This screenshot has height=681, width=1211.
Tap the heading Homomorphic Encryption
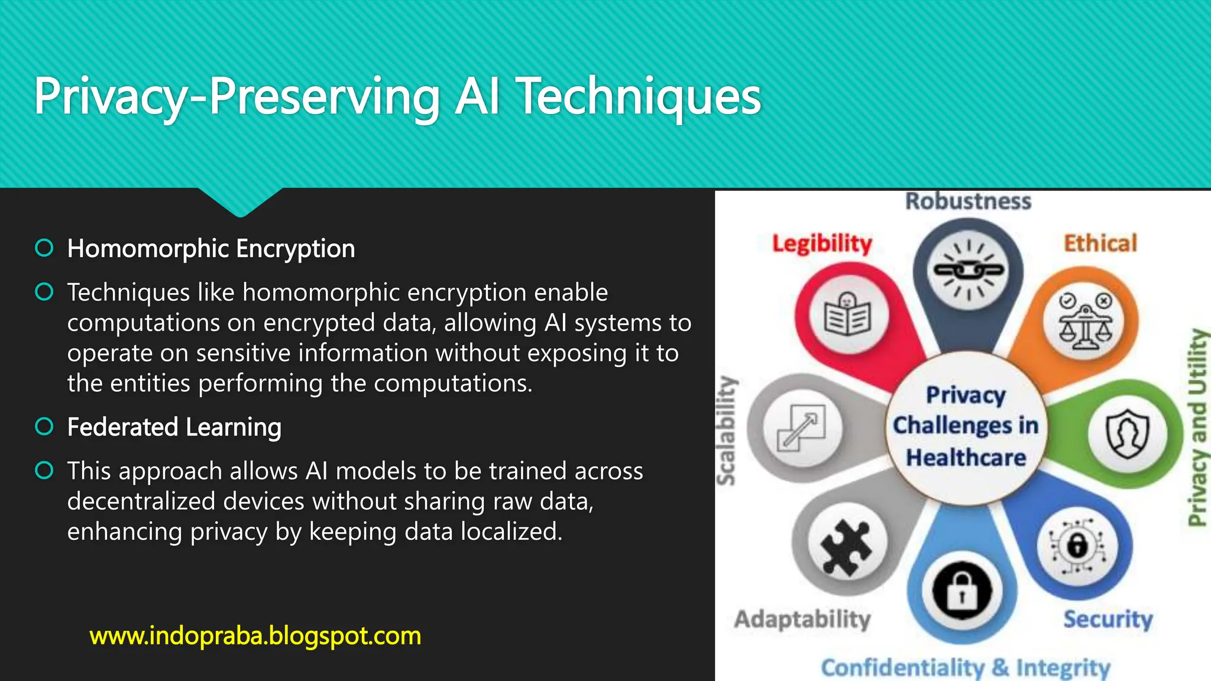211,249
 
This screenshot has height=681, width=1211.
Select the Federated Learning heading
174,427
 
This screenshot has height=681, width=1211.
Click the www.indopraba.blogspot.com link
255,636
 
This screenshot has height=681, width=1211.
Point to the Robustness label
968,201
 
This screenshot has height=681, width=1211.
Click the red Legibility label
822,244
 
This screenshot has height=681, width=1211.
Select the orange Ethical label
1100,244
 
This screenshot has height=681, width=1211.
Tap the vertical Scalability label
726,430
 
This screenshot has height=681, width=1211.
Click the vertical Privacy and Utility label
1197,427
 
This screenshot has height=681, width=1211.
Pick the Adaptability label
802,619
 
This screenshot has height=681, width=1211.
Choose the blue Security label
1108,619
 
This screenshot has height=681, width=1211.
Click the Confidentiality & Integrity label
966,667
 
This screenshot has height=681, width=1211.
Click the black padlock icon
962,591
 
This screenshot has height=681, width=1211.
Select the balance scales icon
1085,322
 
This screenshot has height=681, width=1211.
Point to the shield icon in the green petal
1127,434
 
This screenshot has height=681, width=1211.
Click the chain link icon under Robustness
969,270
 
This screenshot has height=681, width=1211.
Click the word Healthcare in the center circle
966,458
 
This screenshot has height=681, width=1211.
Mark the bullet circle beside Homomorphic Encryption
44,248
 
